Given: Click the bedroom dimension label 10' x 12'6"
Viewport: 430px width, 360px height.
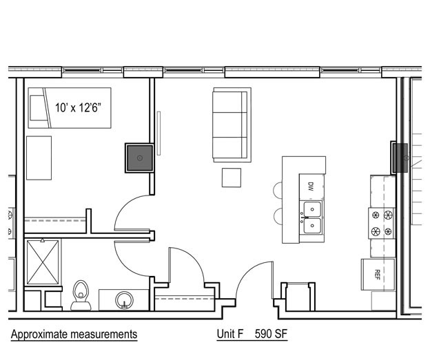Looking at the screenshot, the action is pos(78,107).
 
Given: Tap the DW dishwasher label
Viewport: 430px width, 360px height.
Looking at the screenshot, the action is pos(311,187).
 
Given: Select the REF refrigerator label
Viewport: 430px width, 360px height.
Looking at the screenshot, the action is pos(378,274).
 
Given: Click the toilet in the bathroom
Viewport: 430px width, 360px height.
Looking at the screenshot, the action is pos(81,295).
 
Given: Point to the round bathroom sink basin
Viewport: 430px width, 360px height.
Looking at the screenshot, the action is pos(124,300).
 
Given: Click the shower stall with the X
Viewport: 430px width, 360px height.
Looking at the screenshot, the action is pos(43,262).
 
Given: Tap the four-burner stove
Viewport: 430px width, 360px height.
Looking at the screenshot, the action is pos(382,223).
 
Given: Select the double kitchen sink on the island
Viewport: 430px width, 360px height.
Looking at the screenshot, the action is pos(311,217).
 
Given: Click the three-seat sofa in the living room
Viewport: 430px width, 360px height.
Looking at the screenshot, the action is pos(232,125).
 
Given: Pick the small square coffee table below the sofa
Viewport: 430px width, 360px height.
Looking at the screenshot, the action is pos(232,178).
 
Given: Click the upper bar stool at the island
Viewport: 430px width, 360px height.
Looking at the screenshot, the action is pos(278,190).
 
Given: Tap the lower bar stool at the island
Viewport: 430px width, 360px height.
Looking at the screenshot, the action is pos(278,216).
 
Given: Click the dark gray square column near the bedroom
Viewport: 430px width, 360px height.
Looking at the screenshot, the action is pos(140,158).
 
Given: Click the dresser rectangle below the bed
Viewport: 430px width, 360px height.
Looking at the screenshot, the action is pos(39,158).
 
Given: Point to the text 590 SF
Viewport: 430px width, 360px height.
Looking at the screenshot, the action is pos(271,334).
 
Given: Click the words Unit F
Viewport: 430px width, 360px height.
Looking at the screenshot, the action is pos(230,334).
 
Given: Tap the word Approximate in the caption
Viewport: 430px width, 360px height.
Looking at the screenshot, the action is pos(39,335).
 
